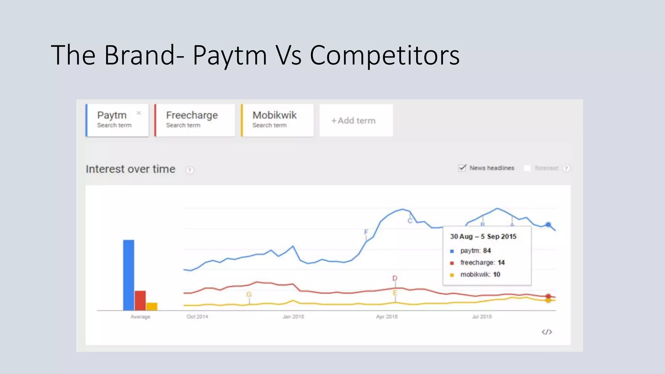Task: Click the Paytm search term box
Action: (117, 120)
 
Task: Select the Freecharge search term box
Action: (195, 120)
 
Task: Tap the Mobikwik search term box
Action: (277, 120)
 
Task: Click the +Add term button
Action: (356, 120)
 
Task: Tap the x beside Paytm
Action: (139, 113)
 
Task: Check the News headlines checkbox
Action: (462, 168)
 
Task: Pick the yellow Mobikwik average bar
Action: (152, 306)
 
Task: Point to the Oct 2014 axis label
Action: (197, 317)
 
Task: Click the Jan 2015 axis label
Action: (293, 317)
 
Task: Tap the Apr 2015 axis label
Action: (387, 317)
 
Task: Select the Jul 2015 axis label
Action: (482, 317)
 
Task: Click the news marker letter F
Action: (366, 232)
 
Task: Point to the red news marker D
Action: (395, 278)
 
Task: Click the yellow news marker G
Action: (249, 294)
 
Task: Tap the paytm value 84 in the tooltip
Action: (487, 251)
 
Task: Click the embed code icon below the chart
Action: (547, 332)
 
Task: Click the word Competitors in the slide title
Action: (384, 55)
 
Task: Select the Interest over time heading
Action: (131, 169)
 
